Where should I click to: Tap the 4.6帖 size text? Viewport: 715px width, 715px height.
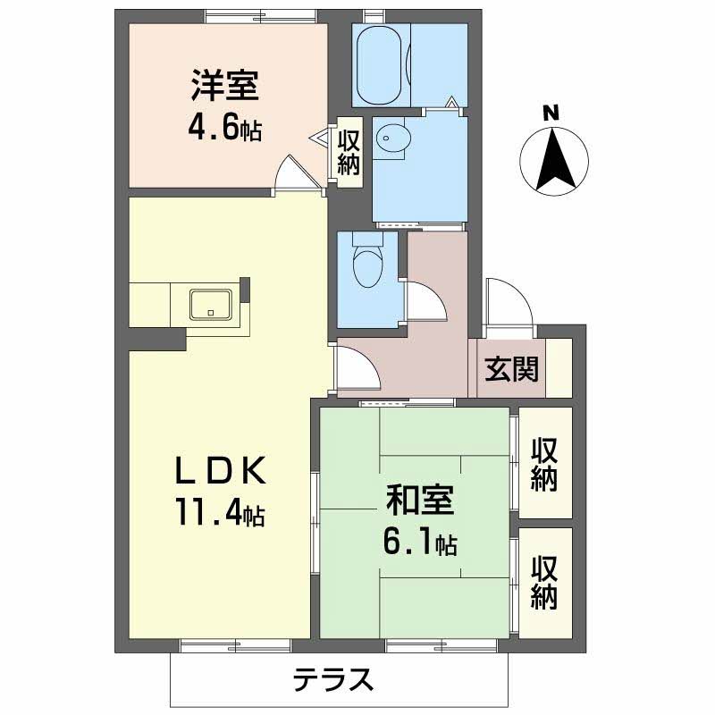(x=224, y=129)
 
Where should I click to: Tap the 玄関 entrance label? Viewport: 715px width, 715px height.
(x=512, y=367)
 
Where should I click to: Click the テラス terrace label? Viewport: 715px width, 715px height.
(x=332, y=682)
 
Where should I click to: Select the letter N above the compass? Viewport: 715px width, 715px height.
(x=551, y=114)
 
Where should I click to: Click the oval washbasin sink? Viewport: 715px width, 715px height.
(x=391, y=136)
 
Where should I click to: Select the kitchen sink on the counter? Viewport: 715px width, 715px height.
(x=211, y=305)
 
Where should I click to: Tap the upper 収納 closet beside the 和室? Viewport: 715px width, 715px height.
(x=544, y=464)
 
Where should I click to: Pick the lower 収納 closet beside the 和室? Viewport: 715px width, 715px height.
(x=544, y=582)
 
